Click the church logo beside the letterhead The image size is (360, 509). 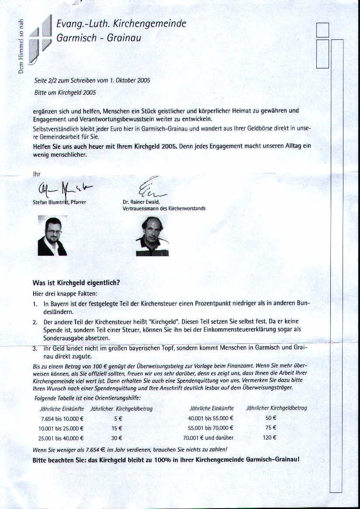click(x=40, y=39)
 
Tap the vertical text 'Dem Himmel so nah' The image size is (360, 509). click(x=21, y=47)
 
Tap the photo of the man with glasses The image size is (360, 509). click(x=52, y=235)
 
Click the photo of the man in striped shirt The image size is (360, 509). click(x=152, y=236)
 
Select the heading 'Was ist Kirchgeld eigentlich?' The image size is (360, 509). click(x=76, y=282)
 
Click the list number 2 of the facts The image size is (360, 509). click(x=35, y=322)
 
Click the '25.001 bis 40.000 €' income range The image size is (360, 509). click(x=61, y=438)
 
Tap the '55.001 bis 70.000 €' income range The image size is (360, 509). click(x=211, y=428)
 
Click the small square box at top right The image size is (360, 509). click(x=322, y=30)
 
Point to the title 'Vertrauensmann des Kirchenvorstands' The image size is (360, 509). click(x=164, y=208)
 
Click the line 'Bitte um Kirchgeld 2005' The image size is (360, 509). click(x=65, y=93)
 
